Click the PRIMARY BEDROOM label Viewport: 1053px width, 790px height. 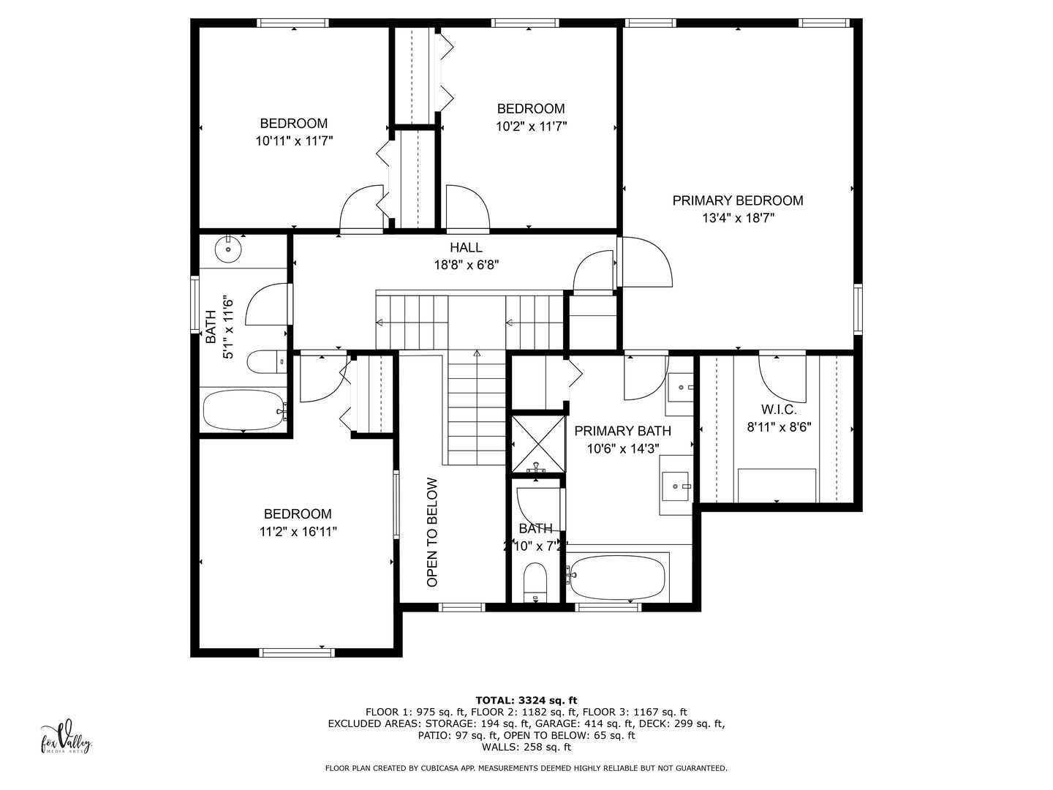click(737, 200)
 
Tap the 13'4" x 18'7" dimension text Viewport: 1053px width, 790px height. click(737, 218)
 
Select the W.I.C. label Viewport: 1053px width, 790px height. click(779, 410)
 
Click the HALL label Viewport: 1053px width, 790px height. click(466, 248)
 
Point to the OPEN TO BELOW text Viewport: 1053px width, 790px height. click(432, 532)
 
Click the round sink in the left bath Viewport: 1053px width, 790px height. click(229, 249)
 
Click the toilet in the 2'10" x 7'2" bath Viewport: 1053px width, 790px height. click(536, 580)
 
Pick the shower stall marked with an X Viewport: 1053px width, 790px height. click(538, 443)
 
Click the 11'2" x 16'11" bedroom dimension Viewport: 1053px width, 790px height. click(298, 533)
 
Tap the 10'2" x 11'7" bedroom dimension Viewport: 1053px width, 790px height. click(531, 127)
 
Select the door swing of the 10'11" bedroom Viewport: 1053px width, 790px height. click(361, 208)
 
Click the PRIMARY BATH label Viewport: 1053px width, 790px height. click(622, 432)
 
